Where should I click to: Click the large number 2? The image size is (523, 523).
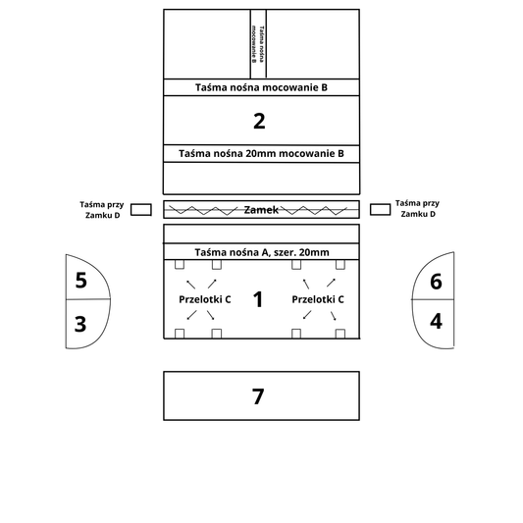tap(259, 121)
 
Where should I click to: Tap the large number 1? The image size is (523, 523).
tap(258, 299)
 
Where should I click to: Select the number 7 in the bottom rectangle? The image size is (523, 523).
tap(258, 396)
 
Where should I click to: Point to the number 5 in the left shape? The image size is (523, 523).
tap(81, 281)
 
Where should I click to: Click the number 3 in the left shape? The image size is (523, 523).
tap(80, 324)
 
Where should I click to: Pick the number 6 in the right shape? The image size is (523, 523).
tap(436, 282)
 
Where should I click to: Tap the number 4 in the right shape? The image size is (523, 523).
tap(436, 321)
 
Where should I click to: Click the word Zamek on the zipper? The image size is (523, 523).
tap(261, 210)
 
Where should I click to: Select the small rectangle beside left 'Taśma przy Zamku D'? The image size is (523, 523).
tap(141, 210)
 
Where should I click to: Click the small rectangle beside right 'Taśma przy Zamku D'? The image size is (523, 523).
tap(381, 209)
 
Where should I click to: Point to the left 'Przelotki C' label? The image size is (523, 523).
tap(205, 299)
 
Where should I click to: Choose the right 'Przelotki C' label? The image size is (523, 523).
tap(318, 299)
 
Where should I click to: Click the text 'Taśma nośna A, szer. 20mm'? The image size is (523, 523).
tap(262, 252)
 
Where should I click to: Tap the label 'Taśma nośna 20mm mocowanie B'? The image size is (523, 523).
tap(261, 154)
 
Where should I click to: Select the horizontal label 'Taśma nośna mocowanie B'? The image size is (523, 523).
tap(261, 87)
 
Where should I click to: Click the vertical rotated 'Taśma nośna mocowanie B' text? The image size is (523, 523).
tap(258, 44)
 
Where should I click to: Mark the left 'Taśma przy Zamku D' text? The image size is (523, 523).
tap(102, 210)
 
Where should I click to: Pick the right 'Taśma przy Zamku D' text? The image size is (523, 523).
tap(418, 208)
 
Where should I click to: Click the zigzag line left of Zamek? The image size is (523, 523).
tap(203, 210)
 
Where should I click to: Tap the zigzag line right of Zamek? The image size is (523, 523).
tap(314, 210)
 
